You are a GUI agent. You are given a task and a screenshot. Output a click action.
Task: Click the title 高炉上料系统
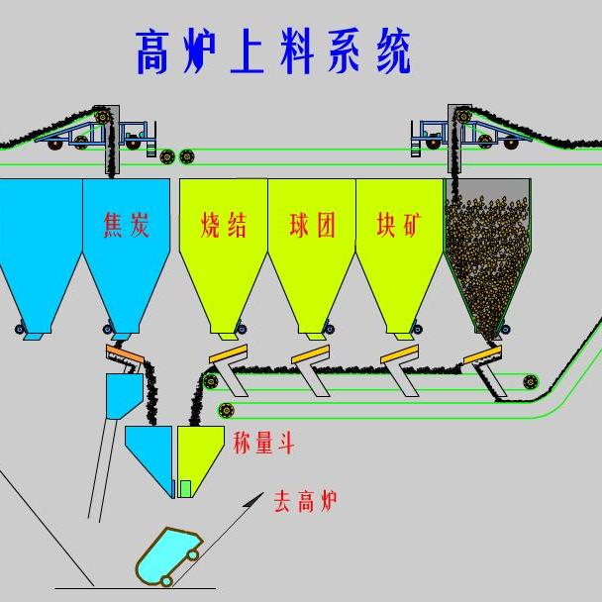272,52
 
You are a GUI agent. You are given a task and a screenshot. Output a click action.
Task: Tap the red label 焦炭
127,225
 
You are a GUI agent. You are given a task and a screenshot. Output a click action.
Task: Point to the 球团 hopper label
312,225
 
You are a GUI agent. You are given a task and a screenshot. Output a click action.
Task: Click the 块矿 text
399,225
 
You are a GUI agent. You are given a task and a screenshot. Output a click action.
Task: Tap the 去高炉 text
306,501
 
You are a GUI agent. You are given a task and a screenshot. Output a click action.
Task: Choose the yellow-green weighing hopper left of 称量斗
200,457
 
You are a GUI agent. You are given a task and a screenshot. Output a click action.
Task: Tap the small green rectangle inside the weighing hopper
185,487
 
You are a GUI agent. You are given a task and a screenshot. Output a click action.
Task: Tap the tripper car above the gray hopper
465,131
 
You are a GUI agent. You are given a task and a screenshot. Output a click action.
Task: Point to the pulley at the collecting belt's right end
532,379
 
